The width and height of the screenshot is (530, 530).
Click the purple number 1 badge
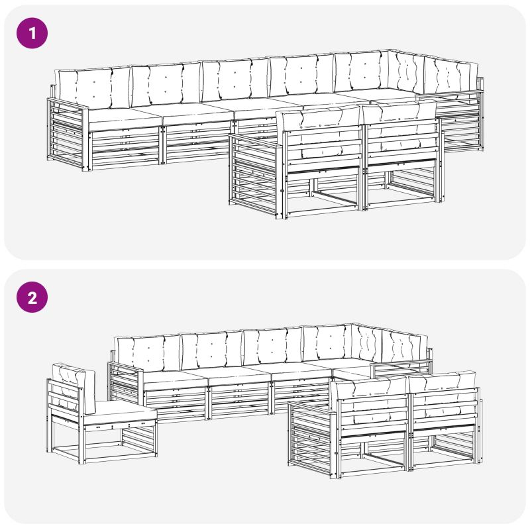point(32,33)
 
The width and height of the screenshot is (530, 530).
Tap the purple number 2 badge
point(32,297)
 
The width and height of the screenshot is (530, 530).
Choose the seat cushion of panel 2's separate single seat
point(119,411)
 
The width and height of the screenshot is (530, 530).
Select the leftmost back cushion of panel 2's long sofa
point(148,353)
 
